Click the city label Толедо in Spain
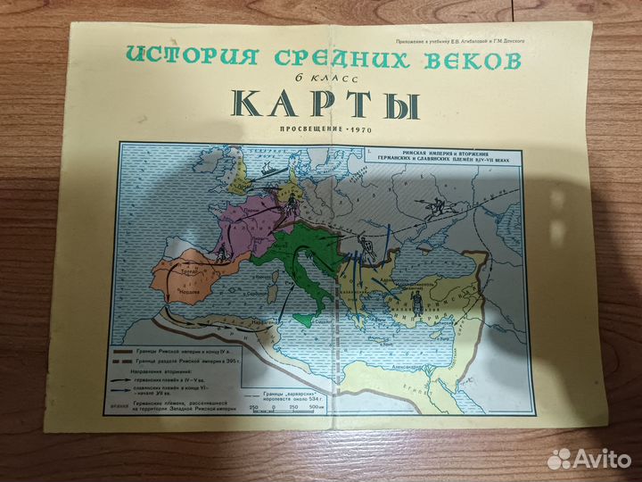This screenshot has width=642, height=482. tap(190, 270)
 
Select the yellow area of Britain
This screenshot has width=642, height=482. tap(238, 183)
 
